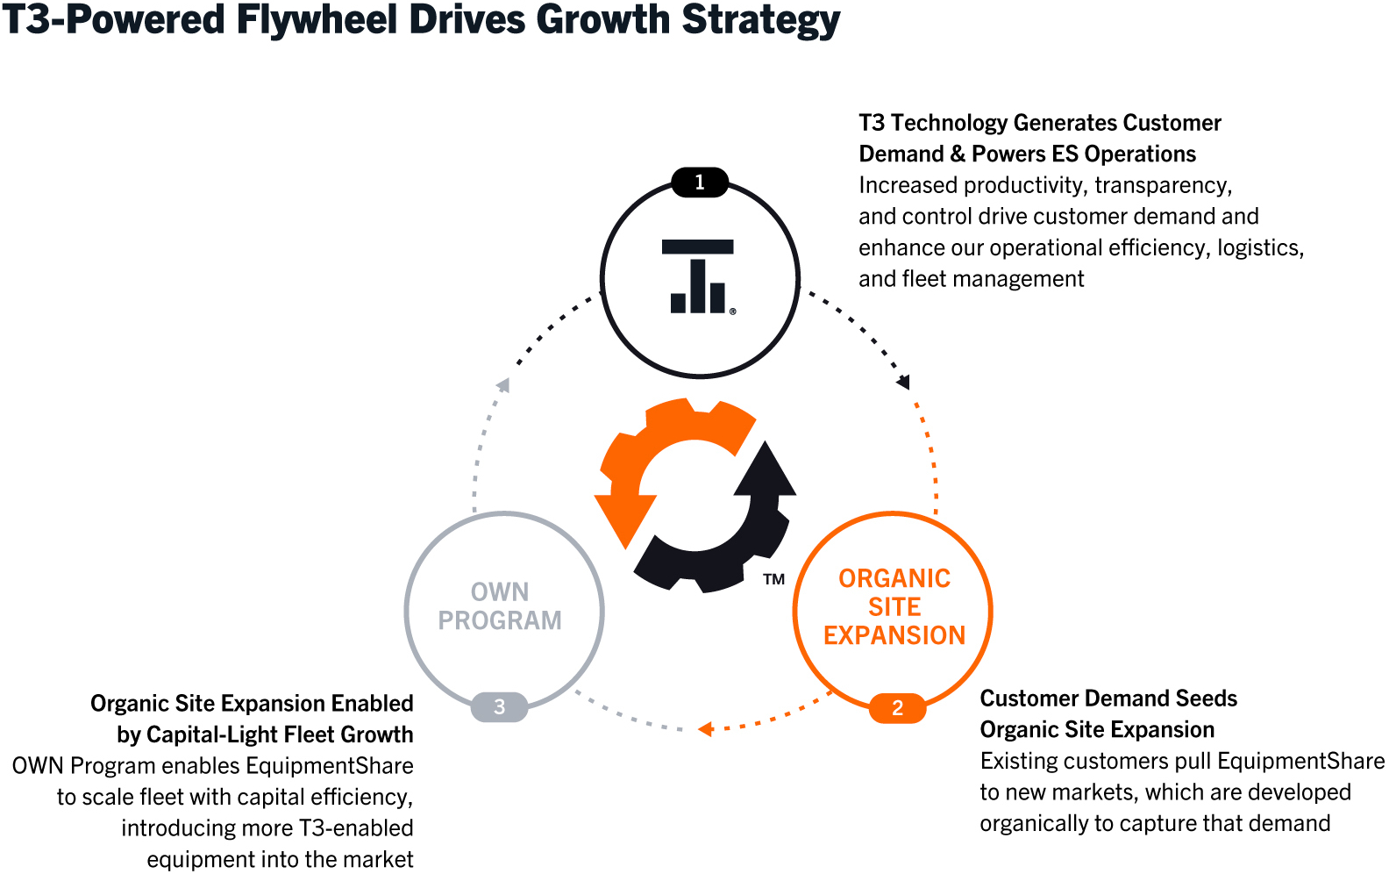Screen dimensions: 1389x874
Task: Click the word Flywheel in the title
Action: tap(317, 19)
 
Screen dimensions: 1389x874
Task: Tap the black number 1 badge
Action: tap(700, 182)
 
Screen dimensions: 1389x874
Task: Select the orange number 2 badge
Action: tap(897, 707)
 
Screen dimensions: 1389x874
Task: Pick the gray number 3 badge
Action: tap(499, 706)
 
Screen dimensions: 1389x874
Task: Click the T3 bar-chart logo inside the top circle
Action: tap(698, 276)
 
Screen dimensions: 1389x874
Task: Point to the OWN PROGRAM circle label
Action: tap(500, 605)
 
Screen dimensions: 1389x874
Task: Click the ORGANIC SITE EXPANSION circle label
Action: tap(894, 606)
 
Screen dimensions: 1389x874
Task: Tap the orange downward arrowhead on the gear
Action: tap(625, 521)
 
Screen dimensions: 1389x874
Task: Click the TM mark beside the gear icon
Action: tap(774, 579)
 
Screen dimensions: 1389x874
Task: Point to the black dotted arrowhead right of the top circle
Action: tap(903, 382)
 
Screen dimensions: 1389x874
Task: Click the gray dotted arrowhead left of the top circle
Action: tap(503, 385)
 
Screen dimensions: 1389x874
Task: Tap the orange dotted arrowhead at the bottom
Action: tap(705, 728)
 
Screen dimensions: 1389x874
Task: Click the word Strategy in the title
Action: tap(761, 20)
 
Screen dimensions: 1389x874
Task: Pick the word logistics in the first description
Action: tap(1261, 248)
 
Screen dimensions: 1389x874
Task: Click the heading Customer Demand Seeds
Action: tap(1108, 698)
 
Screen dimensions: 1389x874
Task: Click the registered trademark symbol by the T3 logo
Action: tap(733, 312)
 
